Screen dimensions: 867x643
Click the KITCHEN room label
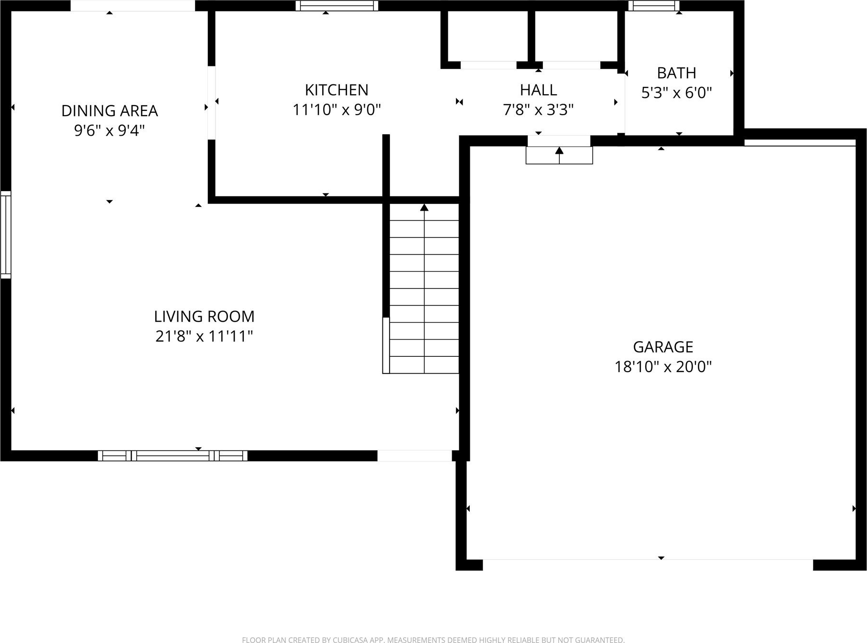(x=336, y=90)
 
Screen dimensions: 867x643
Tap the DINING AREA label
(x=109, y=111)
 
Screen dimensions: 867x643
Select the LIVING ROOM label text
(x=204, y=316)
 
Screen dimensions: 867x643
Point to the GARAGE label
(x=663, y=347)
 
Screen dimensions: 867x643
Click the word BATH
(x=676, y=73)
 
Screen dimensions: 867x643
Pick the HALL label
(x=538, y=90)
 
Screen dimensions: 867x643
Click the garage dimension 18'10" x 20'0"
(x=663, y=367)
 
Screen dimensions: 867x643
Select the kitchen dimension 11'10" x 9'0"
(x=336, y=110)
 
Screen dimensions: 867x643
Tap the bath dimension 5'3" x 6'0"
(x=676, y=93)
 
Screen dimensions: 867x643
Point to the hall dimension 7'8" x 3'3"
(x=538, y=110)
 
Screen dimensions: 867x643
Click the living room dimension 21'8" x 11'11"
(x=204, y=336)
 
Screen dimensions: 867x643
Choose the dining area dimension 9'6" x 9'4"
(x=109, y=130)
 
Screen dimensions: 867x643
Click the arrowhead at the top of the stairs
(x=424, y=207)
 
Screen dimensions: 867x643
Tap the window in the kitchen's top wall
(x=336, y=6)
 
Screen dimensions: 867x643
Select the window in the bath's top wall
(x=653, y=6)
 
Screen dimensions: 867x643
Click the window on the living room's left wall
(x=6, y=235)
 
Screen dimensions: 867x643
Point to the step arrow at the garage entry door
(x=559, y=155)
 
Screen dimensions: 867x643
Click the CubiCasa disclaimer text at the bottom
(x=433, y=640)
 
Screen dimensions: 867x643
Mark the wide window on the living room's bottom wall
(x=173, y=456)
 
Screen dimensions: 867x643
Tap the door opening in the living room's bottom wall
(x=414, y=456)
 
